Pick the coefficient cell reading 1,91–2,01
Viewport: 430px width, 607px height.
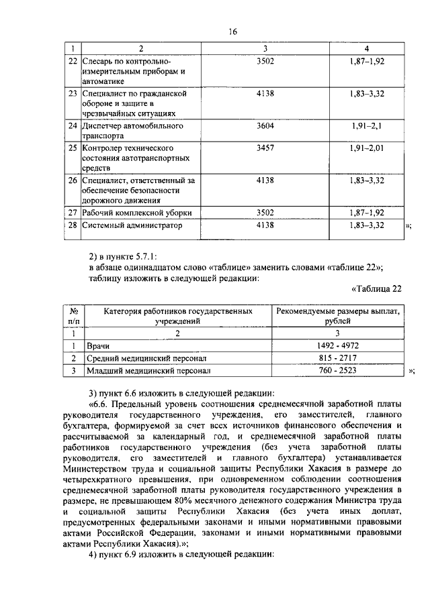[x=366, y=147]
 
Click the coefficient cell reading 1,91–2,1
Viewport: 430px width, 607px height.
[x=366, y=125]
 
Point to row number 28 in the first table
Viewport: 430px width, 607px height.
[x=73, y=226]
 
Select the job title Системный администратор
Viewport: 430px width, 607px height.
[x=132, y=226]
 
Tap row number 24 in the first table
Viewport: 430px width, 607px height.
[x=73, y=125]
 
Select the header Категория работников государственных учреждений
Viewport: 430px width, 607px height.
[x=177, y=317]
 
